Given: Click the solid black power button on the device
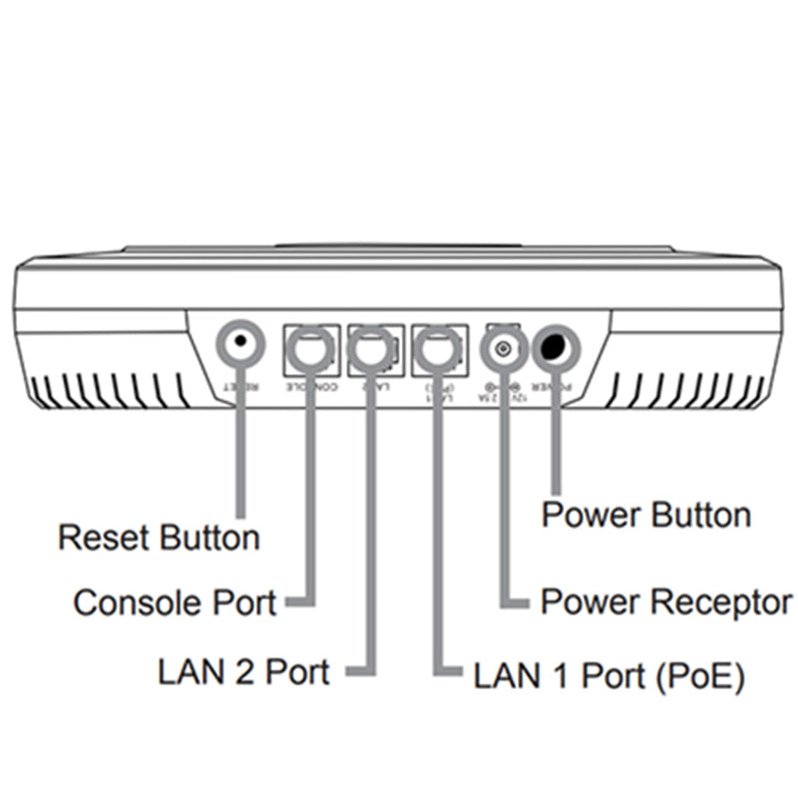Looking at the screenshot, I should (557, 346).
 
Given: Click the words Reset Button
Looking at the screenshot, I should (159, 538).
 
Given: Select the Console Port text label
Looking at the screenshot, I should (175, 602).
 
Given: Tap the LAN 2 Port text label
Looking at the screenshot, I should (243, 670).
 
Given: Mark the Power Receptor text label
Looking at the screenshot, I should (665, 602).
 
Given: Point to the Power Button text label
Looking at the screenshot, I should (644, 516).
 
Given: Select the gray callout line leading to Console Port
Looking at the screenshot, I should (309, 499).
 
